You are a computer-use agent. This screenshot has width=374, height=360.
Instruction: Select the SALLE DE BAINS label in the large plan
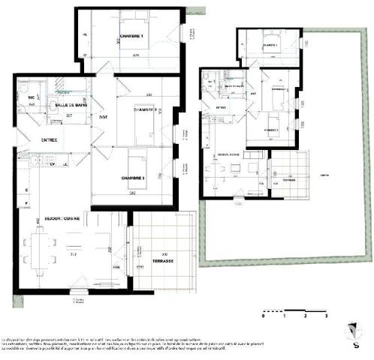[69, 105]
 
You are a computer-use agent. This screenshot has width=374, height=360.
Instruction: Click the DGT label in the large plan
[104, 116]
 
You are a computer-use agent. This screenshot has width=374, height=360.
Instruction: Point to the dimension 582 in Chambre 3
[132, 193]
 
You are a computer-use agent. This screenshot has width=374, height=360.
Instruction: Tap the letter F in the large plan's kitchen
[26, 203]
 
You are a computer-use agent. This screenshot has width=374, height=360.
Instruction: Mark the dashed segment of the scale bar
[274, 310]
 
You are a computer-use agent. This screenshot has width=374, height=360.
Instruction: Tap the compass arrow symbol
[348, 329]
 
